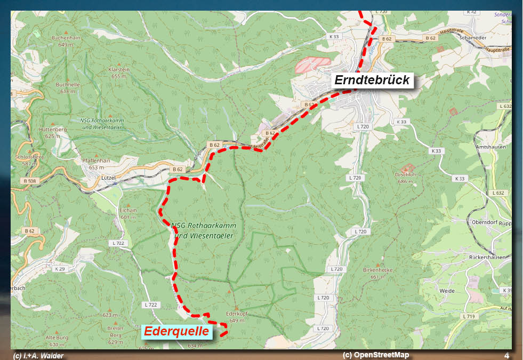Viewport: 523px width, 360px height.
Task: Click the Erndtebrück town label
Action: click(x=373, y=81)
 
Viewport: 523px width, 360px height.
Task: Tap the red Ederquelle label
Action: click(x=176, y=331)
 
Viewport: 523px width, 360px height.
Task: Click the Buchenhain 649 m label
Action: click(x=66, y=41)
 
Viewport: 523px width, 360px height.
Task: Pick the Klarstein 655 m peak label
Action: click(x=118, y=73)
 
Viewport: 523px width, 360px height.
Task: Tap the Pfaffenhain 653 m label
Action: click(x=96, y=163)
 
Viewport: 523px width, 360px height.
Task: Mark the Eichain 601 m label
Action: click(x=128, y=213)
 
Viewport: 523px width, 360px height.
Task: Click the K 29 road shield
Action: click(x=59, y=269)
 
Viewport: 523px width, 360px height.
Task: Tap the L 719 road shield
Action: click(x=468, y=316)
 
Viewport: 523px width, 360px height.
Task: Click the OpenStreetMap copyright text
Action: click(x=376, y=355)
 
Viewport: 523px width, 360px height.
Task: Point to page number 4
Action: click(x=506, y=355)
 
